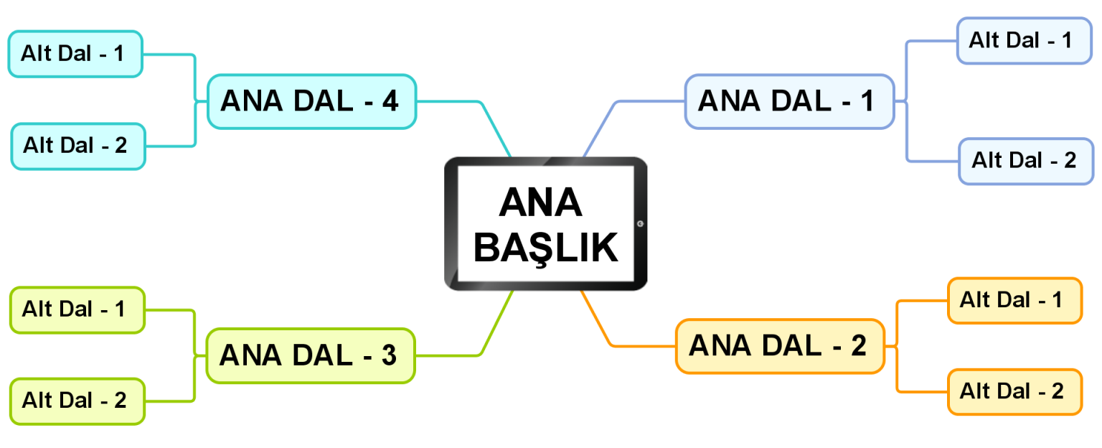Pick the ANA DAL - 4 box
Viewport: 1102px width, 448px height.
click(x=311, y=101)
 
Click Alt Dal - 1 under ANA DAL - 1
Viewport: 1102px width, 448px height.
click(x=1024, y=41)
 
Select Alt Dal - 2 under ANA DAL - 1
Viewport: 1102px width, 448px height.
click(x=1026, y=161)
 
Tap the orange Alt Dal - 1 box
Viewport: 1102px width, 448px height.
click(x=1014, y=300)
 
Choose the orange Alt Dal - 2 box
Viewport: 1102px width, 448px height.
click(x=1014, y=392)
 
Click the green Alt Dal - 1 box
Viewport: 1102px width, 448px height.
click(x=76, y=309)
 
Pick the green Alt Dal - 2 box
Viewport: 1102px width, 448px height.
click(x=76, y=401)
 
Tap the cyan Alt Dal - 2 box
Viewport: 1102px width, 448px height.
click(x=77, y=146)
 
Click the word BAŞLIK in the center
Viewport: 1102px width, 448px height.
click(x=546, y=248)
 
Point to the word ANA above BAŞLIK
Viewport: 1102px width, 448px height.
click(x=540, y=203)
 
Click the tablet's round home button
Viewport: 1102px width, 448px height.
click(x=640, y=224)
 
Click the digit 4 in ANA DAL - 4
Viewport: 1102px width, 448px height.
click(x=390, y=101)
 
